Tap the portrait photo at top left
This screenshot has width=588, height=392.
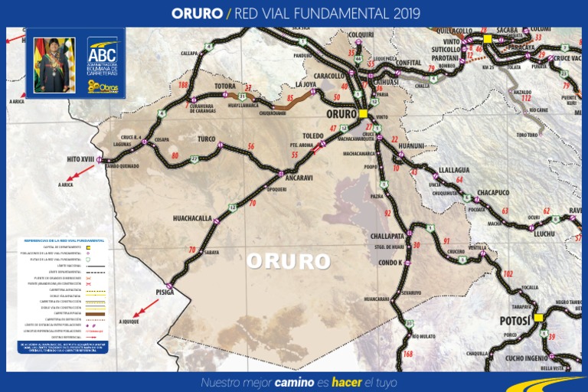(54, 65)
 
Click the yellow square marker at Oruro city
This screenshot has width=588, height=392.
(363, 113)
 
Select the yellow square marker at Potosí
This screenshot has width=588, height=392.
(537, 317)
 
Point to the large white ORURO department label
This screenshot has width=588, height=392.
(288, 262)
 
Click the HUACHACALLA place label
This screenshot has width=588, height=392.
(192, 218)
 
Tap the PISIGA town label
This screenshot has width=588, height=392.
(165, 292)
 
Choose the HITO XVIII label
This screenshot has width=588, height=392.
(80, 158)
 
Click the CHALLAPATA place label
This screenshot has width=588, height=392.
(387, 237)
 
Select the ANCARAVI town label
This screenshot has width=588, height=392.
(299, 178)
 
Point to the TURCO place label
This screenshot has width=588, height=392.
(207, 139)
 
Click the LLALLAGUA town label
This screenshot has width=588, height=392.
(455, 170)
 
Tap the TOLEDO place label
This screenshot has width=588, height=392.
(313, 136)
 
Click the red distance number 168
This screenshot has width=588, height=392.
(407, 354)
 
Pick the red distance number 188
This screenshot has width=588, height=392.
(183, 85)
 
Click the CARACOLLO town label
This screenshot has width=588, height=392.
(330, 77)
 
